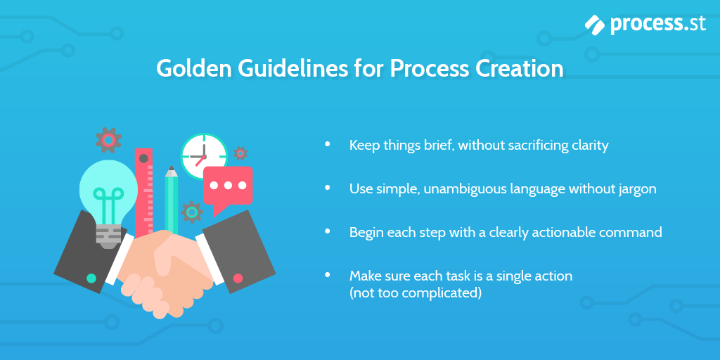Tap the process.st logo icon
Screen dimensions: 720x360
tap(594, 25)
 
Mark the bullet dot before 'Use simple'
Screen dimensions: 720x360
tap(327, 188)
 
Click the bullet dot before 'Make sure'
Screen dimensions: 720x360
tap(327, 275)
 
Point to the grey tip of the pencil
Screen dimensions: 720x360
tap(172, 171)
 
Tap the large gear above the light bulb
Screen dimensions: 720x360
tap(108, 140)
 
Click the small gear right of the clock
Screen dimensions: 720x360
tap(240, 153)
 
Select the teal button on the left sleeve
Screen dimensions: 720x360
tap(91, 278)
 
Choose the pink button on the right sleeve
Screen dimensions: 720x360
tap(238, 278)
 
